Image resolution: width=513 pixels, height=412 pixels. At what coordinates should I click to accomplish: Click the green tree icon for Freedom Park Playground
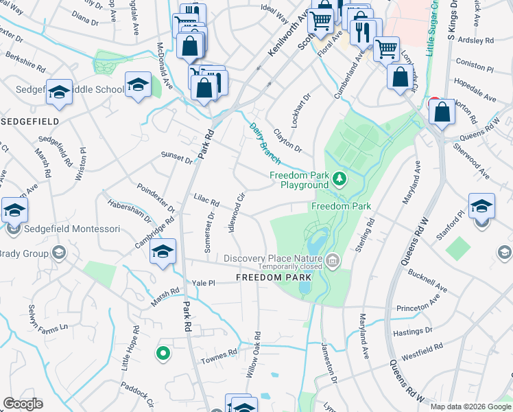click(x=339, y=180)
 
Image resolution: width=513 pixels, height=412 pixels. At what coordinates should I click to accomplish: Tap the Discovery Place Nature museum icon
click(x=333, y=260)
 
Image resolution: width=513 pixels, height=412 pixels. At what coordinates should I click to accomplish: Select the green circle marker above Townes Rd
click(x=163, y=354)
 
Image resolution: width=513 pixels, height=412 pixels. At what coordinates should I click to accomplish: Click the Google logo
click(x=23, y=404)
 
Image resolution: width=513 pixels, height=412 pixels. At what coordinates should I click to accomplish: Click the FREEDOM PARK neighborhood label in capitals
click(x=274, y=277)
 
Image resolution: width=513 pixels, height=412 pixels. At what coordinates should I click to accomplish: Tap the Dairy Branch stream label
click(x=264, y=143)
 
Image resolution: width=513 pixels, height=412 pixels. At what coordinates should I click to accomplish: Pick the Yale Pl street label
click(x=204, y=283)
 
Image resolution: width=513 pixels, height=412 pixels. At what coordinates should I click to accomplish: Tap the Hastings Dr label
click(x=414, y=331)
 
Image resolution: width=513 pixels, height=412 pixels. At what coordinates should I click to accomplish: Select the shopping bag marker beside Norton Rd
click(x=442, y=113)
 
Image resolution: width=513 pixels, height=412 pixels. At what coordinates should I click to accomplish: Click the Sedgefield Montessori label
click(x=68, y=229)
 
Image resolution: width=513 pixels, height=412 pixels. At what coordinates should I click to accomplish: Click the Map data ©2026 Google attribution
click(x=470, y=407)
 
